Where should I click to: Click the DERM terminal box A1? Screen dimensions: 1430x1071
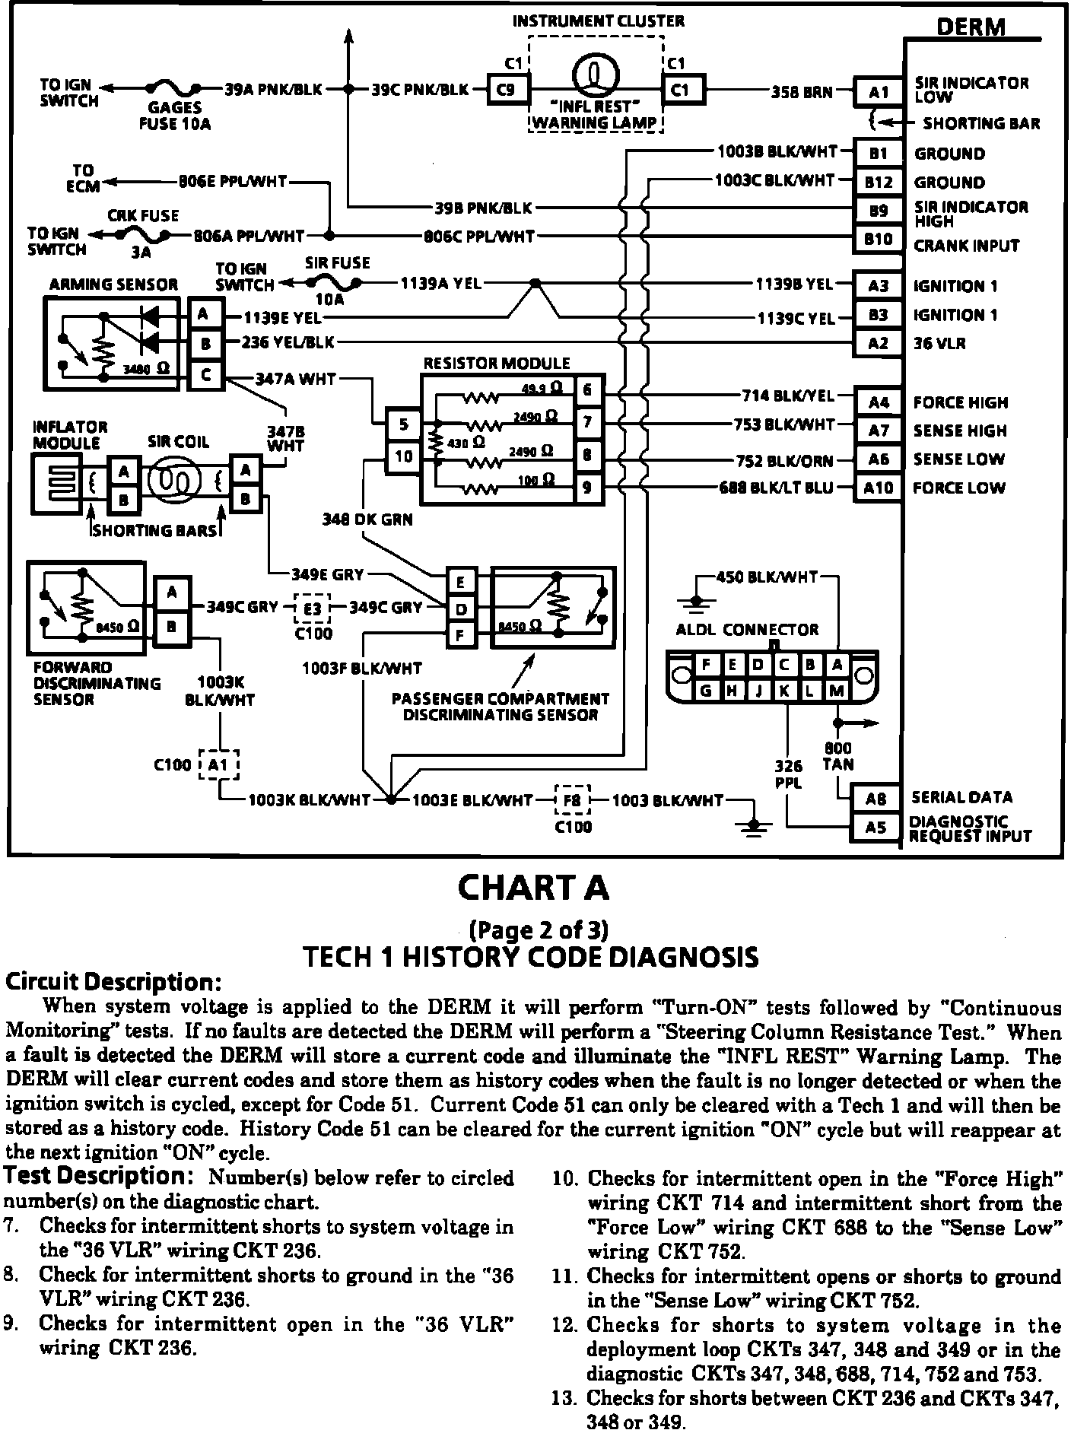coord(879,92)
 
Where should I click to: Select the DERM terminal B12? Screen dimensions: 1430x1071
coord(879,182)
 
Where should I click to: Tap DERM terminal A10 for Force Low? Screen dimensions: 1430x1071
coord(879,488)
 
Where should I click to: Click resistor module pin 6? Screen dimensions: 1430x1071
coord(587,391)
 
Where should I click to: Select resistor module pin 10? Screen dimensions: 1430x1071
coord(403,456)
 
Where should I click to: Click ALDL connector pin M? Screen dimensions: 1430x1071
coord(837,691)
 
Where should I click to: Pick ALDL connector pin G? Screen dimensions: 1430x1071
coord(706,691)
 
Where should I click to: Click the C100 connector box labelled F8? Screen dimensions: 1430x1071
coord(572,800)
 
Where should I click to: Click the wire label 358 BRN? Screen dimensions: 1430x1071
coord(801,92)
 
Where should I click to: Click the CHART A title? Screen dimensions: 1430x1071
coord(532,888)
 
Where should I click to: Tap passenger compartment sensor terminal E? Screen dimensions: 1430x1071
coord(460,583)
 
